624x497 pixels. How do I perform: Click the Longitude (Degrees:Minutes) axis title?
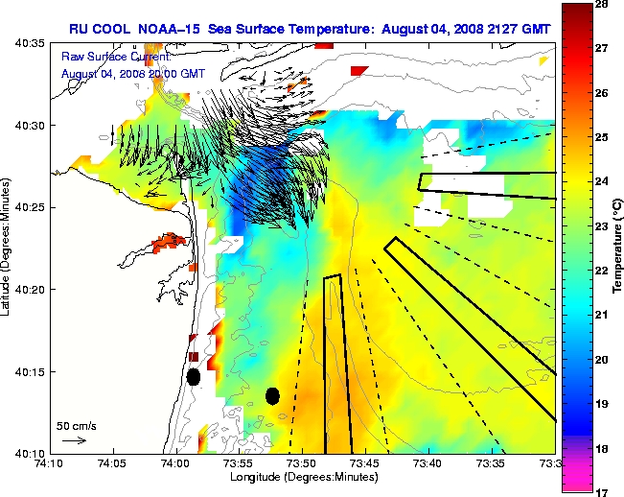click(302, 477)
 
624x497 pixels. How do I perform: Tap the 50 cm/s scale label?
click(76, 425)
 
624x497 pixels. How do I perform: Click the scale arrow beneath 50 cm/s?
click(74, 440)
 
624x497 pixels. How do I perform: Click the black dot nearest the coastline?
click(193, 377)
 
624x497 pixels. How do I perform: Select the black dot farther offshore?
click(272, 395)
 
